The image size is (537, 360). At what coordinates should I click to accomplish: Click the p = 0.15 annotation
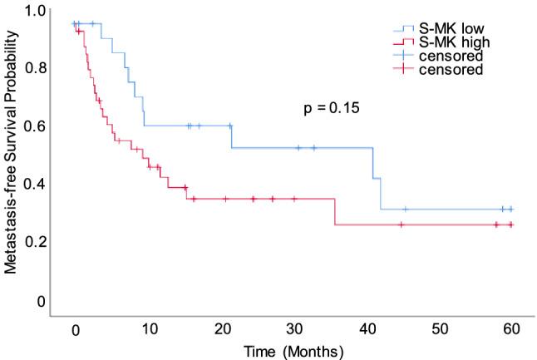click(x=330, y=108)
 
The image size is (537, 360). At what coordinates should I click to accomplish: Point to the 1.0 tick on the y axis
click(x=34, y=11)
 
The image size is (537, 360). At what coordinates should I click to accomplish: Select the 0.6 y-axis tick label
click(x=34, y=126)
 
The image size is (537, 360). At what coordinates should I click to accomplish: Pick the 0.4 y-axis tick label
click(x=34, y=183)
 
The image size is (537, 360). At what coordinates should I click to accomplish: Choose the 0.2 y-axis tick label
click(x=34, y=241)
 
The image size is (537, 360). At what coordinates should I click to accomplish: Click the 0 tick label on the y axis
click(x=41, y=299)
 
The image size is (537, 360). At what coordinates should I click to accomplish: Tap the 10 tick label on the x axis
click(x=149, y=328)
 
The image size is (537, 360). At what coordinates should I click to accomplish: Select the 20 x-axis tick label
click(x=222, y=328)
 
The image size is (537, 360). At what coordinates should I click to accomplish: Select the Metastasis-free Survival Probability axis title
click(x=11, y=158)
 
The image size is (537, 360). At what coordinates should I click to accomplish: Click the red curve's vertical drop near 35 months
click(x=334, y=212)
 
